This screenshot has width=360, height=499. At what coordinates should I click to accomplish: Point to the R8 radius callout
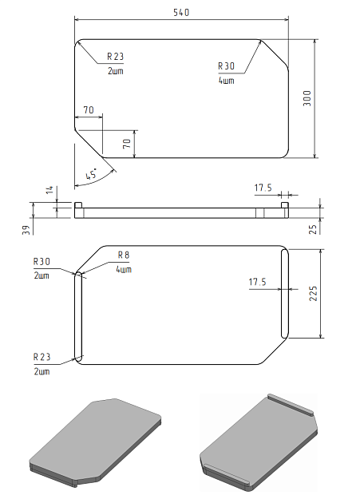pos(124,255)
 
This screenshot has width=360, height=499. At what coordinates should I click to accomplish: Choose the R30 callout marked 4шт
pos(227,66)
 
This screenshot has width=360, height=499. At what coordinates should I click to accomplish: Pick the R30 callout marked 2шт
pos(42,261)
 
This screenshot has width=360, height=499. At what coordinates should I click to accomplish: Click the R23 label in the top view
pos(116,57)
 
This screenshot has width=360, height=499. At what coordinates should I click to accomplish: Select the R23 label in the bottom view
pos(42,357)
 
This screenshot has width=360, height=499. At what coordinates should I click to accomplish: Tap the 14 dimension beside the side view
pos(49,190)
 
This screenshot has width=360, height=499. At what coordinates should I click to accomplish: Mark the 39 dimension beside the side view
pos(26,230)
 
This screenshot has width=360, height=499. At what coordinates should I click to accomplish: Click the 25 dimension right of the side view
pos(313,228)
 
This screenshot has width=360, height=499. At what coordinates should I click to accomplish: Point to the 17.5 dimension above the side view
pos(263,188)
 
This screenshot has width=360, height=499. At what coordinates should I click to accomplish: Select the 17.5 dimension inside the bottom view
pos(256,282)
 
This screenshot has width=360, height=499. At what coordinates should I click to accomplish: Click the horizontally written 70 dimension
pos(88,109)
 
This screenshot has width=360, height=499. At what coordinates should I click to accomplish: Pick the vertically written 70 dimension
pos(126,144)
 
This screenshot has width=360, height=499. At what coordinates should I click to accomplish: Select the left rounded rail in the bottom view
pos(77,315)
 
